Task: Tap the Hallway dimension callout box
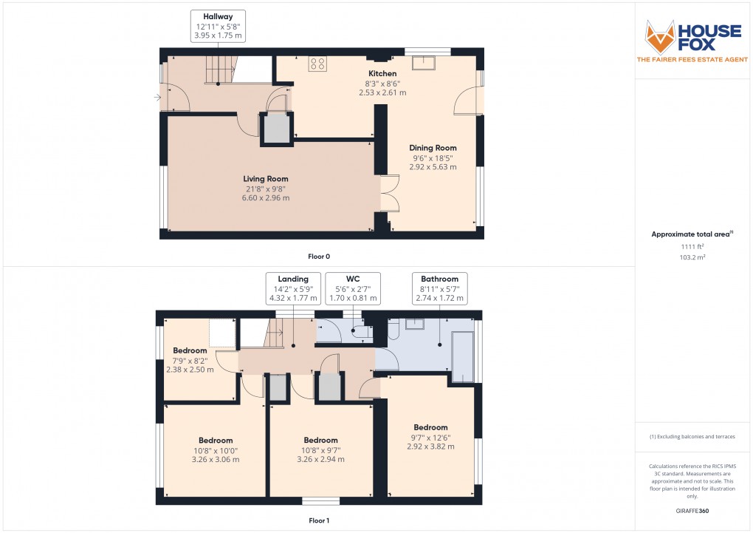217,25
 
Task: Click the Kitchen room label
382,73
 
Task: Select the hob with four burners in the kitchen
317,64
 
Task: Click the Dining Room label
433,148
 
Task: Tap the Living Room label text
266,179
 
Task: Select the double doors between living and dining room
388,194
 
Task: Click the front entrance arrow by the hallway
157,97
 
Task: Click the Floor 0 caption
319,257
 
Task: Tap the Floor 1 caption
319,520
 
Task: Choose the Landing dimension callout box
293,288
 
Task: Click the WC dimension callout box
352,288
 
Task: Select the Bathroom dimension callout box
439,288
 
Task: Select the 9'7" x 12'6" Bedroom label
430,427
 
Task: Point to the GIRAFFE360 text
692,511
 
